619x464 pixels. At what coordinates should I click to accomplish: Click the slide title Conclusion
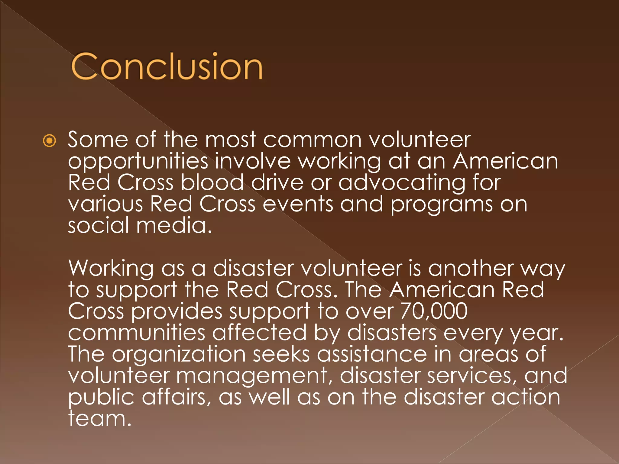tap(167, 66)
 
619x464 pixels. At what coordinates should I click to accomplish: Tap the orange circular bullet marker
tap(49, 141)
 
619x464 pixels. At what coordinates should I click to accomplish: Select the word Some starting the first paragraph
tap(98, 140)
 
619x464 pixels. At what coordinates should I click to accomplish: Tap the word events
tap(298, 204)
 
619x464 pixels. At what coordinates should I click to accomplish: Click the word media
tap(174, 226)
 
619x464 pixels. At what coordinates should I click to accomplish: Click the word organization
tap(179, 355)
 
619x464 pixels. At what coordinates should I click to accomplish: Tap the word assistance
tap(372, 354)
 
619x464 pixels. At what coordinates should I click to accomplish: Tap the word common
tap(313, 140)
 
